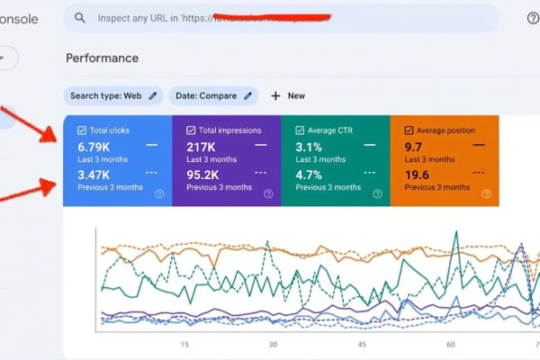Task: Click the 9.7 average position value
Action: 414,146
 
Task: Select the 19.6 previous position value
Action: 416,175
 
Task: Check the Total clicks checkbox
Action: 82,130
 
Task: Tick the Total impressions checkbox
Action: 189,130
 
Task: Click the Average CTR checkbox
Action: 299,130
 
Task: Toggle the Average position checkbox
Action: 409,130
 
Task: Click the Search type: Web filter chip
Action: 112,95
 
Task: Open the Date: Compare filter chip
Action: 212,95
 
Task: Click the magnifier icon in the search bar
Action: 81,18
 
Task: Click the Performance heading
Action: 102,58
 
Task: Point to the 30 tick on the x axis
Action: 274,344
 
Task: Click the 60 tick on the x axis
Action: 450,344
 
